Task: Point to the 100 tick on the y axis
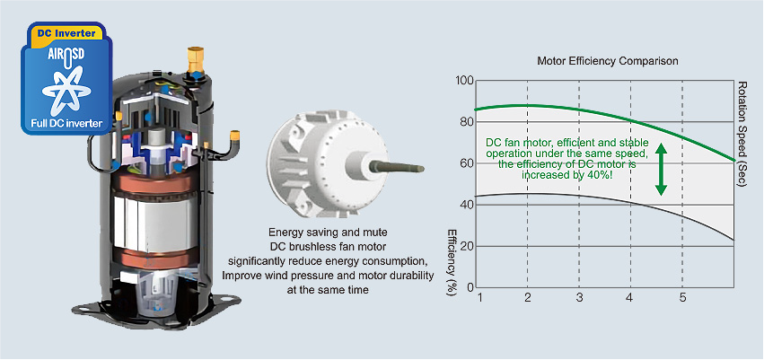[x=463, y=81]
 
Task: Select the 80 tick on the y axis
[x=464, y=122]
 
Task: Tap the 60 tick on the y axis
[x=464, y=163]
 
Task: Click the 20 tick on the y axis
[x=464, y=246]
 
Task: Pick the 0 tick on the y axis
[x=468, y=287]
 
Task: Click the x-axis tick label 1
[x=480, y=297]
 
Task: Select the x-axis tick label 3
[x=580, y=297]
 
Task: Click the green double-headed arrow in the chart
[x=661, y=168]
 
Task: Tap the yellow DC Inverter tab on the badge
[x=66, y=32]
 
